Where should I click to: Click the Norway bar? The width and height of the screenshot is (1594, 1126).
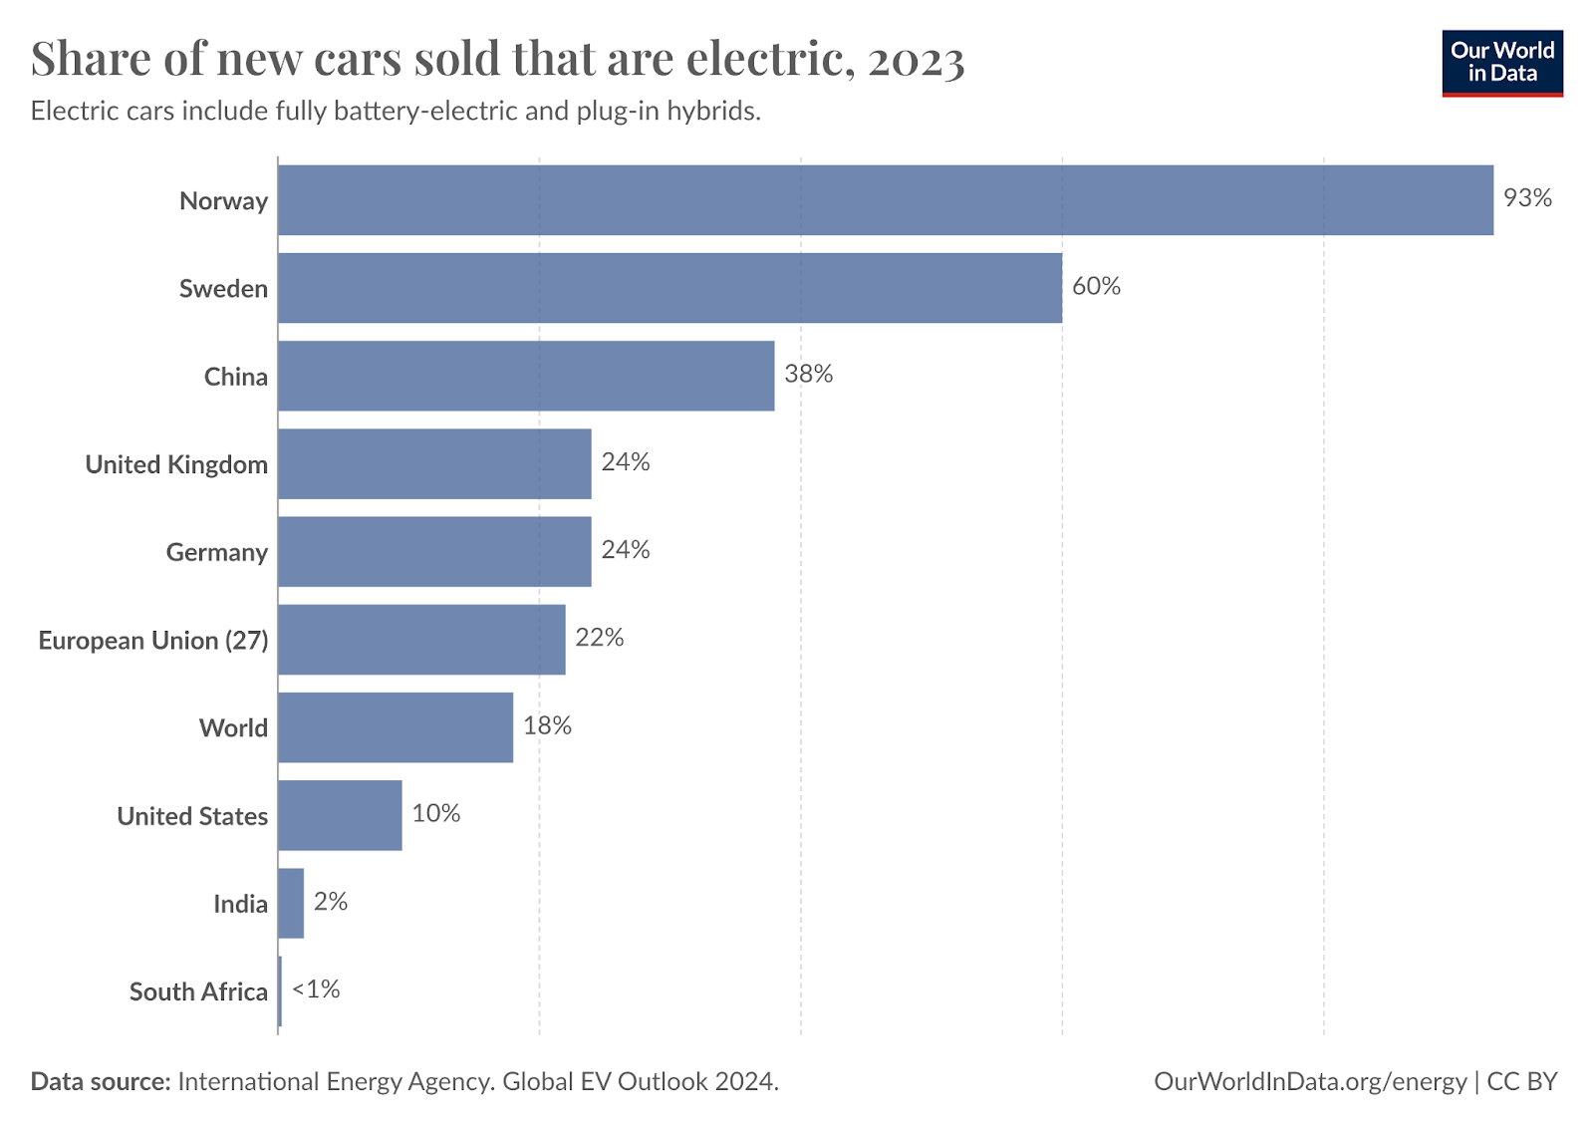[x=885, y=200]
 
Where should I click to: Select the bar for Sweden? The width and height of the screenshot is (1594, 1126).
[x=669, y=288]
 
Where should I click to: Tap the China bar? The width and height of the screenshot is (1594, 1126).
[x=526, y=376]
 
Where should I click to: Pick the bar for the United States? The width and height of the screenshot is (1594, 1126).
[x=340, y=815]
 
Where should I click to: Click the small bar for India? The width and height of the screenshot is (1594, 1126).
[x=291, y=903]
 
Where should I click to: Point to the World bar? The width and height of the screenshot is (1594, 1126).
[x=396, y=727]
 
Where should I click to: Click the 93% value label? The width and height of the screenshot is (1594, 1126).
[x=1527, y=198]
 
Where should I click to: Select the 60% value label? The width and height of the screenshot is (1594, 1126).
[x=1096, y=286]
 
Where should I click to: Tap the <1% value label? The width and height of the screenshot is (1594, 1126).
[x=316, y=989]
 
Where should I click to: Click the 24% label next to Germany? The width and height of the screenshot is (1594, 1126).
[x=626, y=550]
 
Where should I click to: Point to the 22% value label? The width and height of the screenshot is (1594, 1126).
[x=600, y=638]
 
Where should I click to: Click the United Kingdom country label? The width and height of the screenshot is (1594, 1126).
[x=176, y=464]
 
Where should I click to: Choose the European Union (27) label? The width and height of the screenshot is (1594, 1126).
[x=153, y=640]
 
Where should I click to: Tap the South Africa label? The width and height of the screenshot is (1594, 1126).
[x=198, y=991]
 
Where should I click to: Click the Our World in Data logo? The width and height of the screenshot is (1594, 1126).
[x=1501, y=63]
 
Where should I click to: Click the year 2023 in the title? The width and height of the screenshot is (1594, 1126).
[x=916, y=60]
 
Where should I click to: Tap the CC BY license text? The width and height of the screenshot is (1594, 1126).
[x=1521, y=1081]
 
